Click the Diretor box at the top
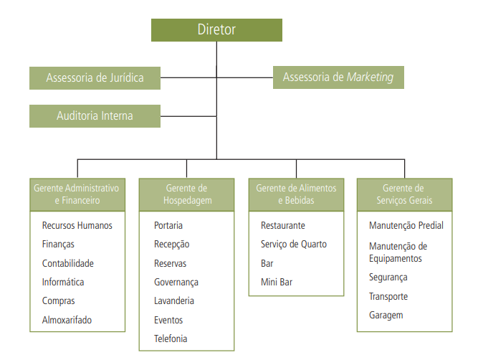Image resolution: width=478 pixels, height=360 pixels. point(216,30)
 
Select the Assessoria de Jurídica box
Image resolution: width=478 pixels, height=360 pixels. point(95,77)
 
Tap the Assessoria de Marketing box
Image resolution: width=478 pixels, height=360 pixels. point(338,77)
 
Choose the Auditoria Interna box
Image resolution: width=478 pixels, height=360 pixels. point(95,115)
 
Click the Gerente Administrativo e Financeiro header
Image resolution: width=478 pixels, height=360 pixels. point(77,194)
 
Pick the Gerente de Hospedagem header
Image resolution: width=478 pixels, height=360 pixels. point(186,194)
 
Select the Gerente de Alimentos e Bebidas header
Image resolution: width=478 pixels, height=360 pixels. point(296,194)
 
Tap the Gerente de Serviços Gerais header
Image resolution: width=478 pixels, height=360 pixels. point(405,194)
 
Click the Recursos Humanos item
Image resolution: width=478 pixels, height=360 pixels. point(77,225)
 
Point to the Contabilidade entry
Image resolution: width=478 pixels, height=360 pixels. point(68,263)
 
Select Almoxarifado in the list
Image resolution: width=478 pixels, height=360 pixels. point(67,320)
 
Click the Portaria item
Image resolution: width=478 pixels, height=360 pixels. point(168,225)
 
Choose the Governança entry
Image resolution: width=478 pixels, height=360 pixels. point(176,283)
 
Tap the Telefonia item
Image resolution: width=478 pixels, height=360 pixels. point(171,339)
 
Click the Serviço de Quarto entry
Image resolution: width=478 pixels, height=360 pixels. point(293,245)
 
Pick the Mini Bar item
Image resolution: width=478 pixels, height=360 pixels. point(276,283)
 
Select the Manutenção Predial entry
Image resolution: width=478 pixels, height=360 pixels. point(406,225)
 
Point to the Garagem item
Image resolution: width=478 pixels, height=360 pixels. point(386,315)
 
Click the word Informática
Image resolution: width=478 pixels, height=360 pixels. point(63,283)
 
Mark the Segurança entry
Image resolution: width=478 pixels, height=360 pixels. point(388,278)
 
